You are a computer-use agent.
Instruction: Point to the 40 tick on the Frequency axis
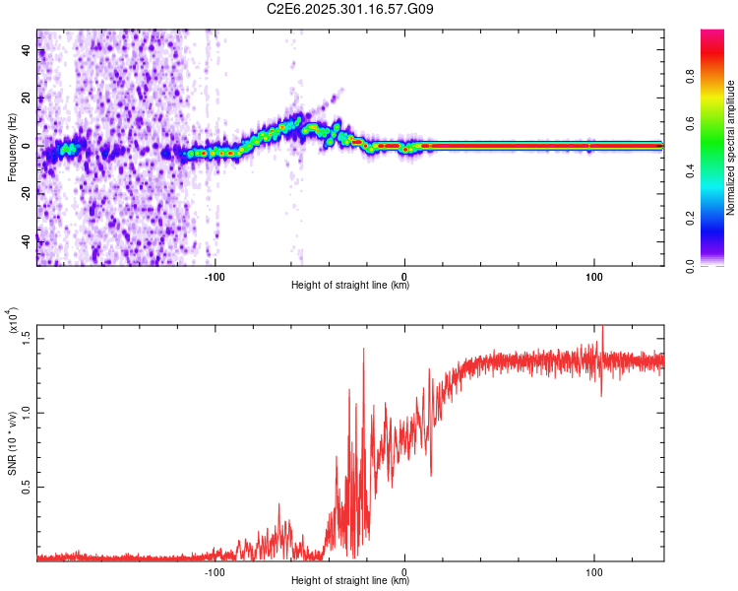tap(28, 51)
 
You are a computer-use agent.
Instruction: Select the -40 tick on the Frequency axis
tap(28, 239)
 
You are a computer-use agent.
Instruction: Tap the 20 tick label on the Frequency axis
tap(28, 98)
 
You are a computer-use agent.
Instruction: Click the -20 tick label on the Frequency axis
tap(28, 193)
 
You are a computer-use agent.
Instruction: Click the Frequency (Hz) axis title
tap(12, 147)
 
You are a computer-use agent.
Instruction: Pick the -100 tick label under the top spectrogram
tap(215, 276)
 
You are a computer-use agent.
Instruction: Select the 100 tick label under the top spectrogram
tap(593, 276)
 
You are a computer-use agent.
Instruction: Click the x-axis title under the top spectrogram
tap(350, 286)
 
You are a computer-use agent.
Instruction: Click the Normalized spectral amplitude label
tap(730, 147)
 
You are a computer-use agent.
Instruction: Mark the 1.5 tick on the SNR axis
tap(28, 337)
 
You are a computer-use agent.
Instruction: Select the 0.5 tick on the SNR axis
tap(28, 487)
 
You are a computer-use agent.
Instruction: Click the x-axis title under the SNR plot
tap(350, 581)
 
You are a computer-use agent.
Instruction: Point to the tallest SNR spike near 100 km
tap(602, 329)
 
